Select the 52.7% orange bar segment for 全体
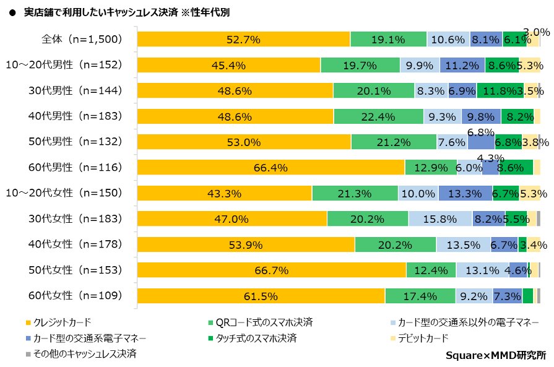point(243,39)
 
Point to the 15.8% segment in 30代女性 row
point(440,219)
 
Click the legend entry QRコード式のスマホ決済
point(264,322)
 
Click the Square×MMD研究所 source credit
point(496,355)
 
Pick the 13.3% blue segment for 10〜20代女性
point(465,194)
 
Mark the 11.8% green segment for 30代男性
point(500,91)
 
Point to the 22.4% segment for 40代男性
point(378,116)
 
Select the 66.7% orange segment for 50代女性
point(271,270)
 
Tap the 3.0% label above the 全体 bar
point(536,32)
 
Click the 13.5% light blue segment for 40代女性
point(463,245)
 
